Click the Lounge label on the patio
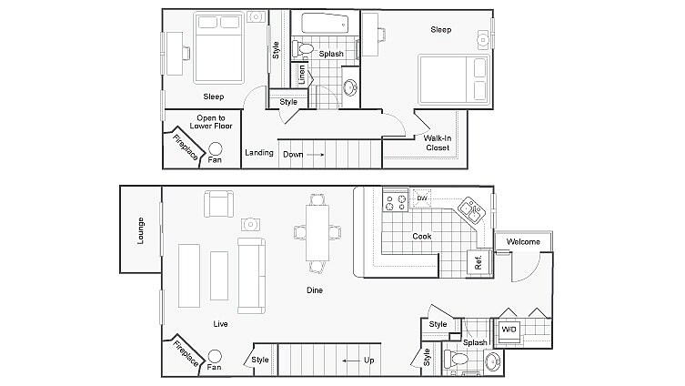click(x=141, y=229)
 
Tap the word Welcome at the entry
click(x=523, y=242)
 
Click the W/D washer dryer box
click(x=506, y=330)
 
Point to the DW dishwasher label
click(x=422, y=198)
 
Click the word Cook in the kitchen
click(x=421, y=237)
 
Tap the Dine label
click(x=315, y=290)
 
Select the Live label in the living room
click(x=219, y=324)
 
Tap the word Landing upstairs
click(x=259, y=153)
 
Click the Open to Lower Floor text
click(x=214, y=122)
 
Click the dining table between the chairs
click(x=316, y=232)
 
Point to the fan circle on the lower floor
click(x=215, y=357)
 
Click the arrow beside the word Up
click(x=350, y=361)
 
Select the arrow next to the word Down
click(x=316, y=155)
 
